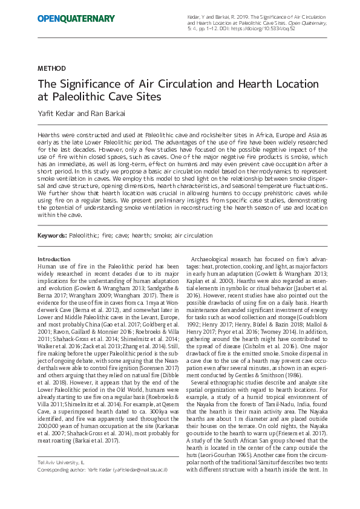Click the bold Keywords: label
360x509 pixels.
pos(51,235)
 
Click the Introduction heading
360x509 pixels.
pos(54,259)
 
